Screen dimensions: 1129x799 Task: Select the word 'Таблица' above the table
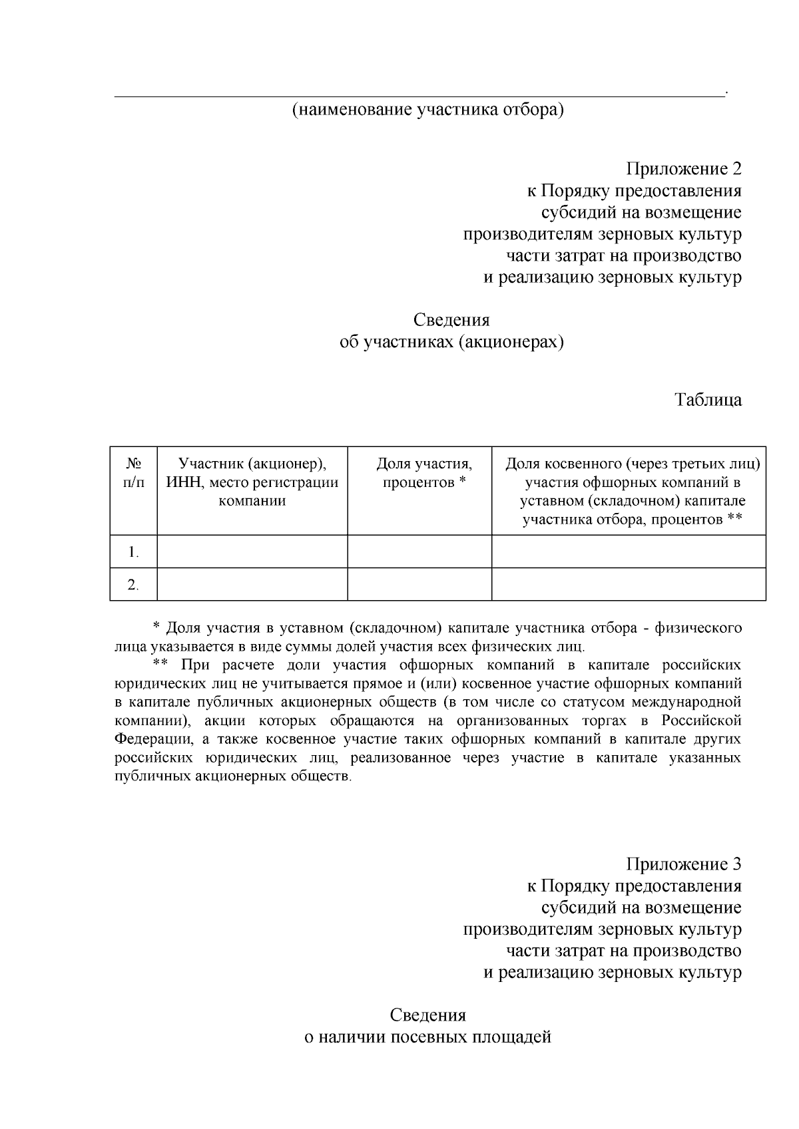tap(708, 401)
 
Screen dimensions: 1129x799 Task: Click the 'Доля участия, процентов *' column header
tap(424, 472)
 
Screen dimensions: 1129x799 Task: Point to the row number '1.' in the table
tap(134, 552)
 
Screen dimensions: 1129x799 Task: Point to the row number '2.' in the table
tap(134, 585)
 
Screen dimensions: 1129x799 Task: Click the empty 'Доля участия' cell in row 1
tap(419, 552)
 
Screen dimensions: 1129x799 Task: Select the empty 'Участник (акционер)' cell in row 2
tap(252, 585)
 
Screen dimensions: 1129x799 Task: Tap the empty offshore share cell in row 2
tap(629, 585)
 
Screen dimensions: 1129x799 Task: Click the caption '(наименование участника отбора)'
tap(427, 110)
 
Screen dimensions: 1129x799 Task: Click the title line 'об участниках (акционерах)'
tap(451, 342)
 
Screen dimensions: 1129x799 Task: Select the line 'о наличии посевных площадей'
tap(427, 1037)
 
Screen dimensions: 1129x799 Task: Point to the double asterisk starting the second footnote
tap(160, 665)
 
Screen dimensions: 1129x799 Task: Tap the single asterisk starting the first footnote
tap(156, 627)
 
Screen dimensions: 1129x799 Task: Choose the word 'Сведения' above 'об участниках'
tap(451, 320)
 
